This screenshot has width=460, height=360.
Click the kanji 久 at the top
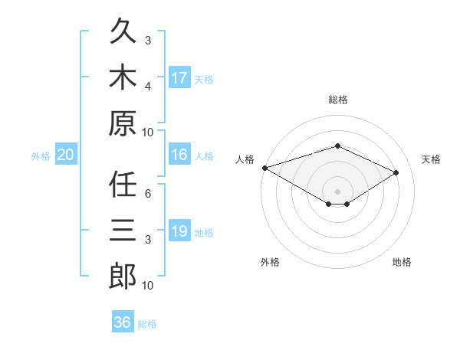123,31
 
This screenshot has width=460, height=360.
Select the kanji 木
123,77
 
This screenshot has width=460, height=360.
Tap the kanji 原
123,123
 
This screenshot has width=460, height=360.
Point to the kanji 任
123,184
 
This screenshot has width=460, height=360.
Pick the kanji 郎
123,276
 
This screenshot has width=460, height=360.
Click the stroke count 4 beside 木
148,87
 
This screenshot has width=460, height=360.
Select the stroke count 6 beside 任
148,193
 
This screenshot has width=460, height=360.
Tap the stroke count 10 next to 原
147,133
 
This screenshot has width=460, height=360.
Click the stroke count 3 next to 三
148,240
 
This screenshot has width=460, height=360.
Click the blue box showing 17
180,77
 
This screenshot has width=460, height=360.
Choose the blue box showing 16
180,154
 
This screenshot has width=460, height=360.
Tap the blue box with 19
180,230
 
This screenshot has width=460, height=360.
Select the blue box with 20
66,154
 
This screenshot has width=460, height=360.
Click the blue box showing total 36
123,321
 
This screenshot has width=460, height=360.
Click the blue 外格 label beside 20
41,156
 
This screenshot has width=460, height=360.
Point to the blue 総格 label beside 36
147,324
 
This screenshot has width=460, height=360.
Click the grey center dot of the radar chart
337,191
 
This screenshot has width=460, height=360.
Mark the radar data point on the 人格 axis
265,168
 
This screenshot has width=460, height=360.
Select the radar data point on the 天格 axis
396,172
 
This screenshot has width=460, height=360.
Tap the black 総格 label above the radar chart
338,100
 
